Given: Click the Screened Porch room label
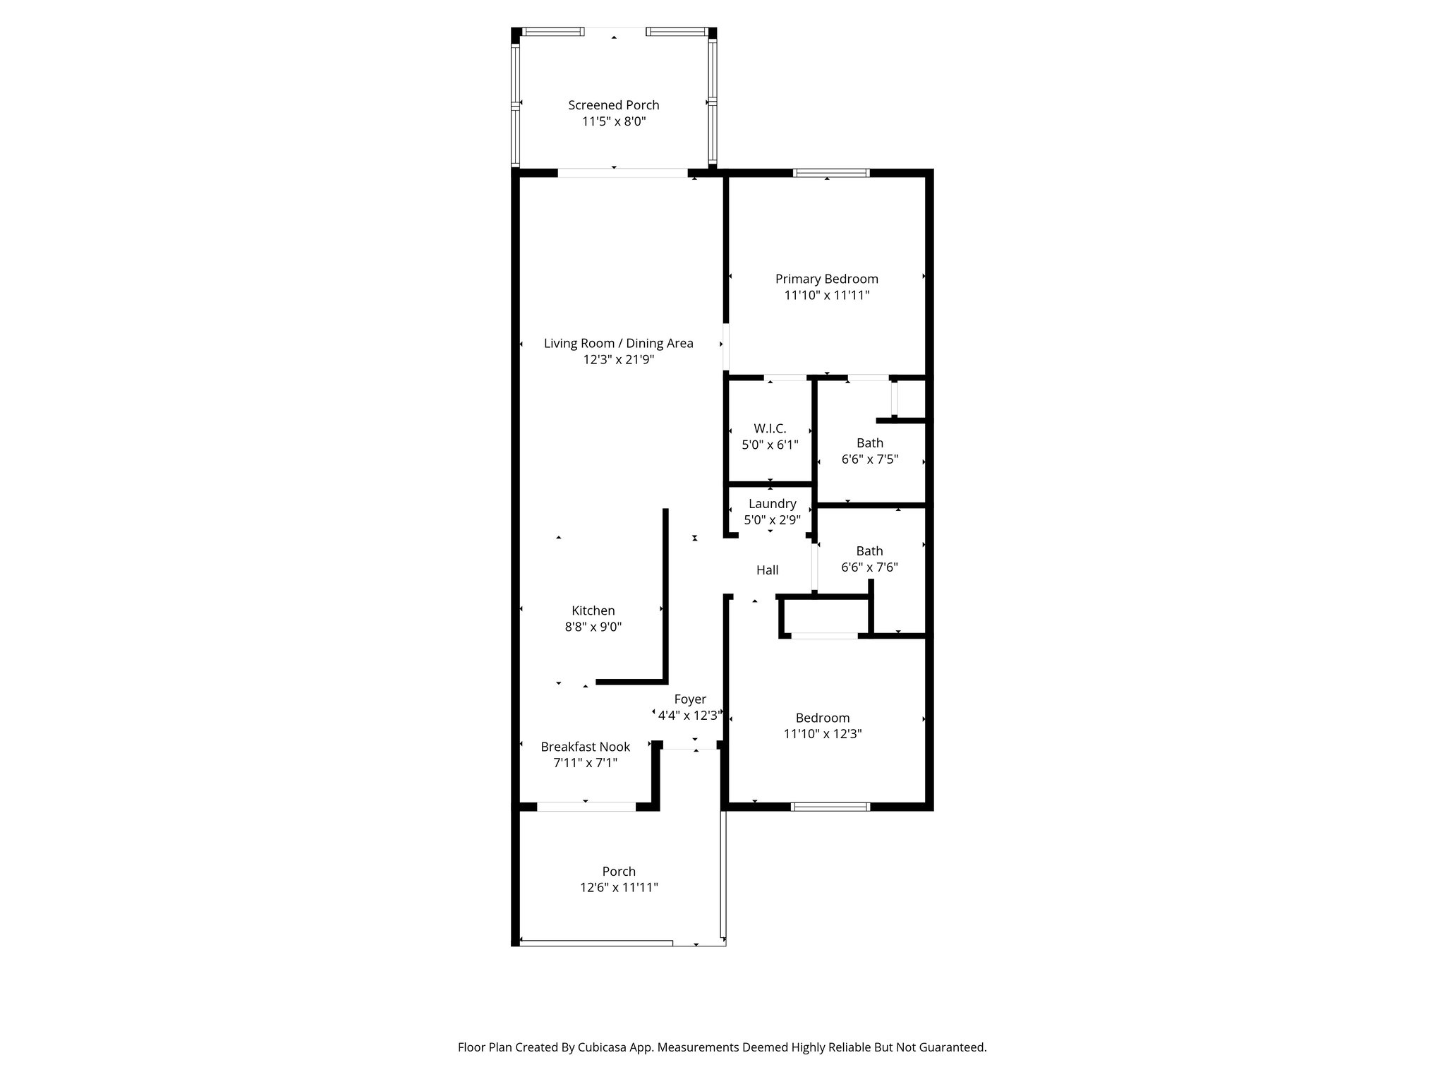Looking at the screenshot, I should pos(614,105).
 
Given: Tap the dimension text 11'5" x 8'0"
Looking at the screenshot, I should pos(614,121).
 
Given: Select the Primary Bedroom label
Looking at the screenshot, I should pos(826,279).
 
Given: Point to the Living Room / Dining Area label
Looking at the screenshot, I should pos(618,344).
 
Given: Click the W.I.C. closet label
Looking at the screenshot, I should pos(770,428).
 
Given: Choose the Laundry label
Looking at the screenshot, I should pos(772,504).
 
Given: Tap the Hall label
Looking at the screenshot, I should pos(767,570).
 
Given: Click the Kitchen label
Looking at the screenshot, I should pos(593,611).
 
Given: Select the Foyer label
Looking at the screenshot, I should pos(689,699).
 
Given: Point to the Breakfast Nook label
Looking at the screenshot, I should pos(585,747).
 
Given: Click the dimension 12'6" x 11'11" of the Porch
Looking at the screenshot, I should pos(619,888).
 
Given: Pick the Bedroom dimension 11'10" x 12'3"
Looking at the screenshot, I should pos(823,734).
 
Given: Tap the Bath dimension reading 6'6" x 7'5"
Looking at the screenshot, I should pos(869,459).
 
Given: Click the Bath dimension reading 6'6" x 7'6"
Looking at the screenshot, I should pos(869,567).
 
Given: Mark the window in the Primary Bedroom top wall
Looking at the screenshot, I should pos(830,173).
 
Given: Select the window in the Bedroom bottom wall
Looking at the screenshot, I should pos(830,807).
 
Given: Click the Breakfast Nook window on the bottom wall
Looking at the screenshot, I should pos(586,807).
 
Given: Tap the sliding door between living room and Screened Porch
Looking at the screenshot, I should pos(622,172).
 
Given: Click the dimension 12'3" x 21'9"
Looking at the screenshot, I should pos(618,360).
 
